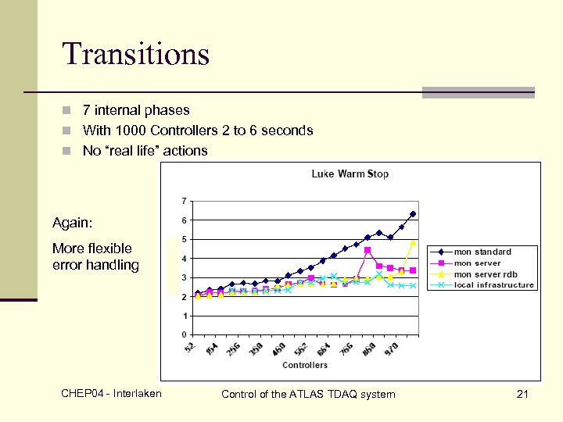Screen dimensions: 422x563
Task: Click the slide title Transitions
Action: click(x=136, y=54)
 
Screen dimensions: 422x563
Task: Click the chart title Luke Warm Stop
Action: click(x=350, y=173)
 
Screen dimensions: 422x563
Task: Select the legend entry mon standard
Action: click(x=482, y=252)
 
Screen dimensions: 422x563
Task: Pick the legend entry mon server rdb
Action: click(x=485, y=274)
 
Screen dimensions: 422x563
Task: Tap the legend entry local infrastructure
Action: click(x=493, y=285)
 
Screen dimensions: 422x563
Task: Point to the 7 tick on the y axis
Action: click(x=184, y=200)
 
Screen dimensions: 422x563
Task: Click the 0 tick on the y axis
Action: click(x=184, y=335)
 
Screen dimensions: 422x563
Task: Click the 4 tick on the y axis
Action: click(x=184, y=258)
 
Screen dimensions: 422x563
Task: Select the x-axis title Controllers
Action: click(x=304, y=365)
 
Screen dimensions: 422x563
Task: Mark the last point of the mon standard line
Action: click(x=413, y=213)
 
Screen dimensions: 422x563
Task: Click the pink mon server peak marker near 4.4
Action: click(x=368, y=250)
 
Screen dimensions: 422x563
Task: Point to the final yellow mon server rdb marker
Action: click(x=413, y=243)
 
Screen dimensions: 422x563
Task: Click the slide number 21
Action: click(x=522, y=394)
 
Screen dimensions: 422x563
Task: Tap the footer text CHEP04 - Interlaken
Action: click(x=111, y=393)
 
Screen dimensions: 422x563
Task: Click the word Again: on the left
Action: click(x=71, y=223)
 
